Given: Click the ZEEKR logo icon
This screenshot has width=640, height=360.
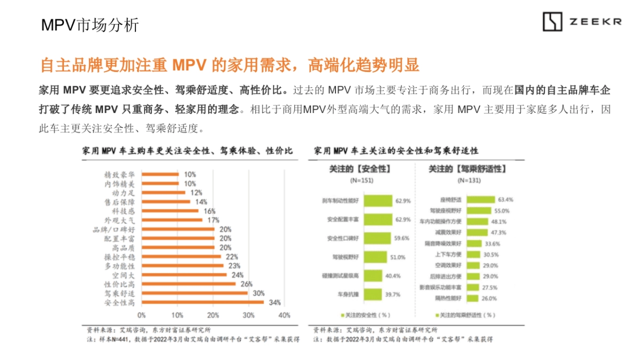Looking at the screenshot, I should [x=553, y=22].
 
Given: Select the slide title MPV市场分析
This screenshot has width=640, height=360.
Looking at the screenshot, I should [x=90, y=25].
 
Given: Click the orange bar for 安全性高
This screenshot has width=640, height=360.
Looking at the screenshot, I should [x=203, y=302].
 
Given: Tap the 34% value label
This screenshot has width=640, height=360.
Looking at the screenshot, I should [x=275, y=302].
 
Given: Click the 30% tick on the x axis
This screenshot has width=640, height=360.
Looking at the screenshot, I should [x=249, y=315].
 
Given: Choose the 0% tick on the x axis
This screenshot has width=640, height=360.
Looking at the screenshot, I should [x=141, y=315].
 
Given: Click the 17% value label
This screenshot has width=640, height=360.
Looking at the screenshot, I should [x=213, y=220].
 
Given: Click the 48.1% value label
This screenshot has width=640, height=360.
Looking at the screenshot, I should [x=499, y=221].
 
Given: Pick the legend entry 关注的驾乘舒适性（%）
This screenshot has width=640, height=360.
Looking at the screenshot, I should [x=467, y=315].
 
